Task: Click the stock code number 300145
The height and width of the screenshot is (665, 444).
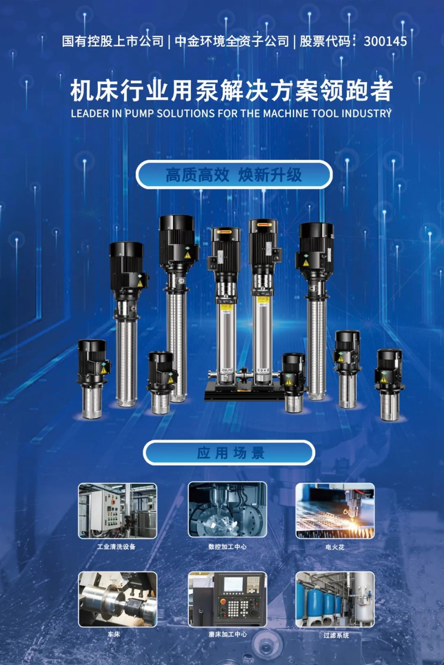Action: point(385,41)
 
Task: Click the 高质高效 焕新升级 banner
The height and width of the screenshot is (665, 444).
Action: point(234,174)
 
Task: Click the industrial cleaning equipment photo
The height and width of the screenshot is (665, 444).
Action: point(118,511)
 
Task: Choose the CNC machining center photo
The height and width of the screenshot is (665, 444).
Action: point(227,509)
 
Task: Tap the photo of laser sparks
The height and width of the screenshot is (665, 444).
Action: point(335,511)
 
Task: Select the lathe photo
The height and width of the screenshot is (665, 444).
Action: point(118,599)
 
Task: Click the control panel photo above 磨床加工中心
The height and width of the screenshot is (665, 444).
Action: point(227,599)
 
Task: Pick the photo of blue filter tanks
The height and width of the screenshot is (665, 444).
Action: point(335,599)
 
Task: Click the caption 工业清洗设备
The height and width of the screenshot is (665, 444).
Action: point(116,546)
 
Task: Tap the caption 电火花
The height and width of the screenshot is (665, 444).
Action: point(335,547)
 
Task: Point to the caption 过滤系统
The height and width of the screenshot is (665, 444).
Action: point(336,635)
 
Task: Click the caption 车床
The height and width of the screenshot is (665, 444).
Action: point(114,635)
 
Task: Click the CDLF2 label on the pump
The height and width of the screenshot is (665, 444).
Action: point(227,370)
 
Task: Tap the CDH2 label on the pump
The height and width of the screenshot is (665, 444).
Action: point(263,370)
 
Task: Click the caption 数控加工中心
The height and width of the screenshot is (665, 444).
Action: point(227,546)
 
